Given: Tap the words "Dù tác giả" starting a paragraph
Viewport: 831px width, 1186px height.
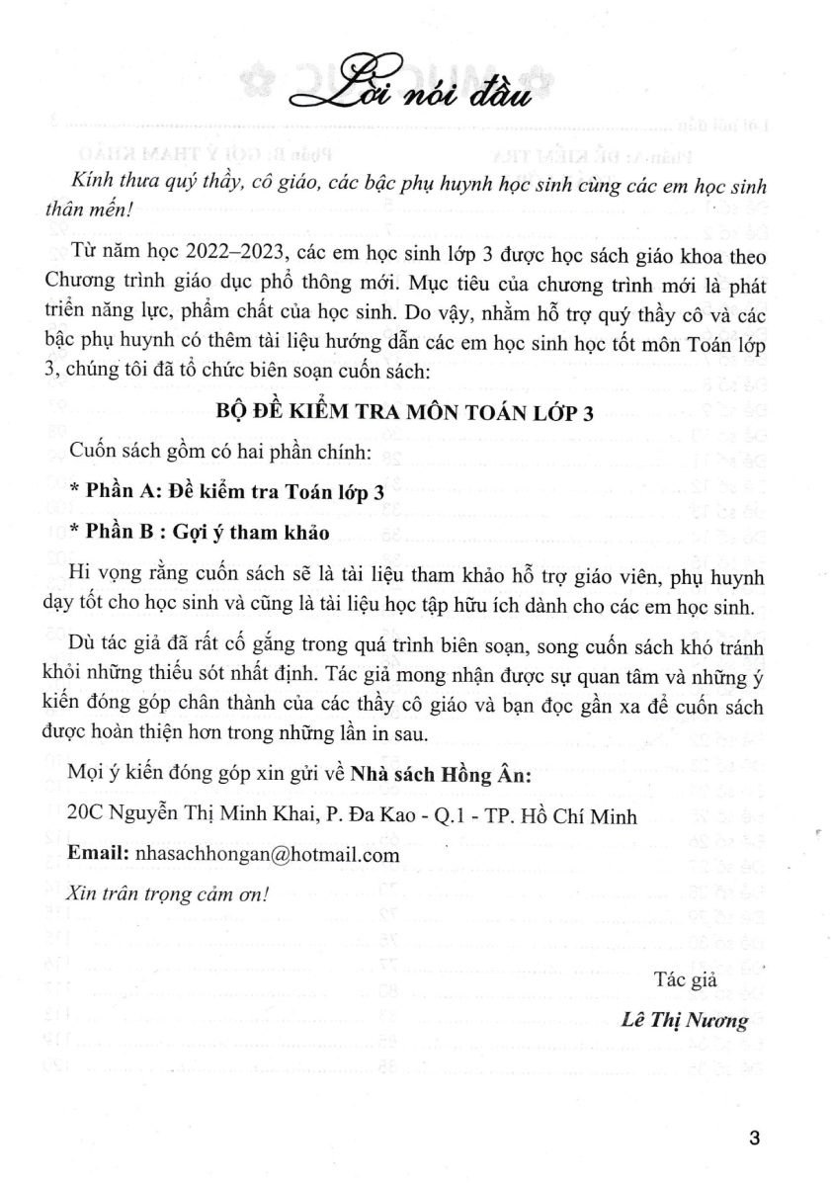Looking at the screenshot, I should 112,637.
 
